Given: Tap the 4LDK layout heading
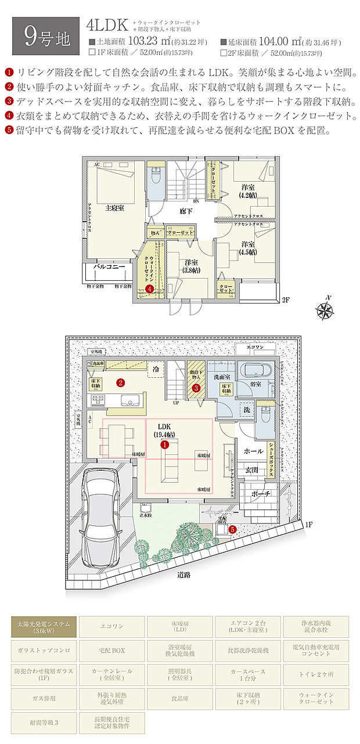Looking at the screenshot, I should [106, 26].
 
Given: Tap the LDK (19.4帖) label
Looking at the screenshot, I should [165, 430].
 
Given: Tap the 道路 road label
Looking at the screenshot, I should [186, 575].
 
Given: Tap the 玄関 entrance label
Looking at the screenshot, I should [251, 471].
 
